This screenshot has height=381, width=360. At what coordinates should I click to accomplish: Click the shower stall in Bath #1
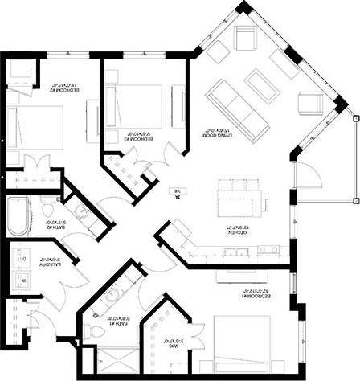click(x=100, y=358)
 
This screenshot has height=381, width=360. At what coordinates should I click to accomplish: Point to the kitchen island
click(x=239, y=195)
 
